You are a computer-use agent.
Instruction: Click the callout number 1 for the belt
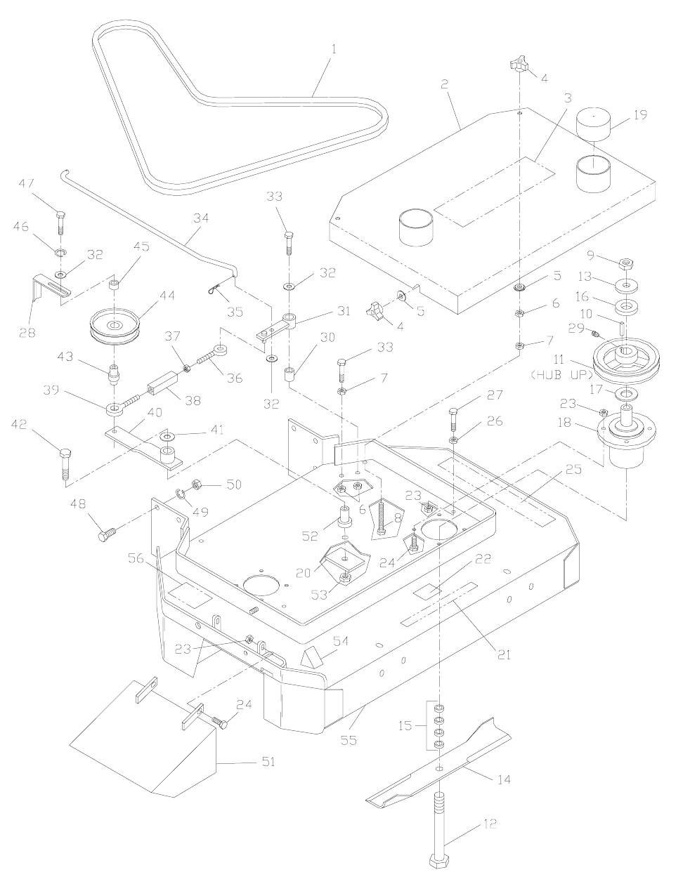334,50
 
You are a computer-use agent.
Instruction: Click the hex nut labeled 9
625,264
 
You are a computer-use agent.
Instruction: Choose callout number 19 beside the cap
641,114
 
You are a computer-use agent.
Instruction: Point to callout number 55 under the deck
349,740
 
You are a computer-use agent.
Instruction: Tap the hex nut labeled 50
197,484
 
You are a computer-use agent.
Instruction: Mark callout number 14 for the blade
504,779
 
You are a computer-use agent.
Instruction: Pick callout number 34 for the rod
201,218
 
